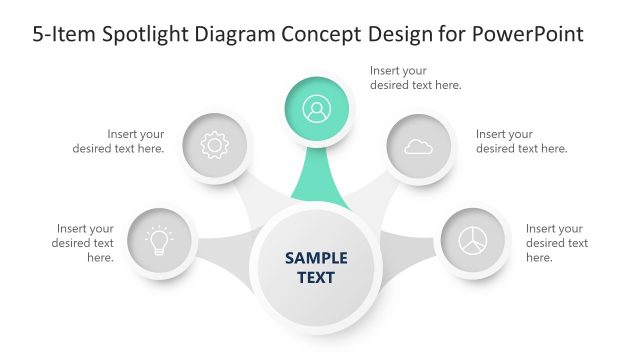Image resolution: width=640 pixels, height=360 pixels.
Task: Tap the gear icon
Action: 214,146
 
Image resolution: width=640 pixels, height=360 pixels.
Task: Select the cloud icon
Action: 418,146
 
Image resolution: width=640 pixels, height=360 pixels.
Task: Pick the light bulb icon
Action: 159,241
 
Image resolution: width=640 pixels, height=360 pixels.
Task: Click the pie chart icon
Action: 472,241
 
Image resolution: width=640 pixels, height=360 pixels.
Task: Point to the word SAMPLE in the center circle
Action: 316,257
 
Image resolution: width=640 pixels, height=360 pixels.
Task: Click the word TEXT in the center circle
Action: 316,277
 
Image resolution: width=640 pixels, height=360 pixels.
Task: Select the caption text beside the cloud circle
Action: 521,141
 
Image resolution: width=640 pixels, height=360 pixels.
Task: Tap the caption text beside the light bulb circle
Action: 85,243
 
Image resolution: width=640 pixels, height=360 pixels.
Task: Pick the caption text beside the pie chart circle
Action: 557,243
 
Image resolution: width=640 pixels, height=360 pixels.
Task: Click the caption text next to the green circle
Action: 415,78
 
